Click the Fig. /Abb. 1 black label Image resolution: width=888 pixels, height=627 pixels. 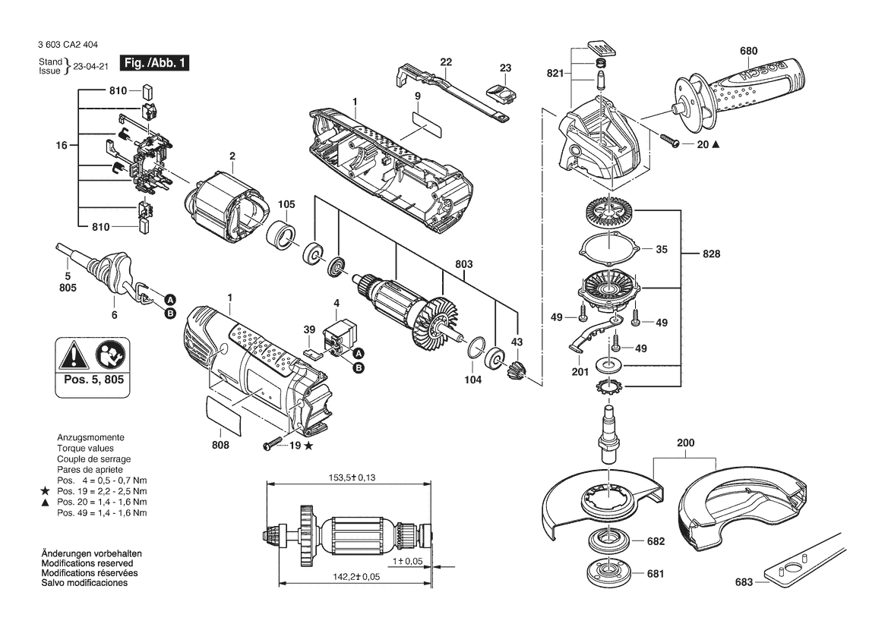coord(155,63)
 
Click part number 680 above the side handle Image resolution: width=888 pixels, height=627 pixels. coord(748,51)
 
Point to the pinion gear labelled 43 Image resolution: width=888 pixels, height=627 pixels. coord(517,370)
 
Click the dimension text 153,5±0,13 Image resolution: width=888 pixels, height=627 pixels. coord(352,477)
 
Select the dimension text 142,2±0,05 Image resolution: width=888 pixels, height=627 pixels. coord(356,577)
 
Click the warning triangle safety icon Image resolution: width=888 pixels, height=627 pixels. coord(74,357)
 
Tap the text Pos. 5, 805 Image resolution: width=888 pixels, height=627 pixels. coord(93,380)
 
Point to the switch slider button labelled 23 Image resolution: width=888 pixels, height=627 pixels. coord(501,93)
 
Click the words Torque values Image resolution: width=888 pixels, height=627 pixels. coord(85,448)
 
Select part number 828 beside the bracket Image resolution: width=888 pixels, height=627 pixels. coord(711,254)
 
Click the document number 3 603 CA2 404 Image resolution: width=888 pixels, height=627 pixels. coord(64,46)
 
